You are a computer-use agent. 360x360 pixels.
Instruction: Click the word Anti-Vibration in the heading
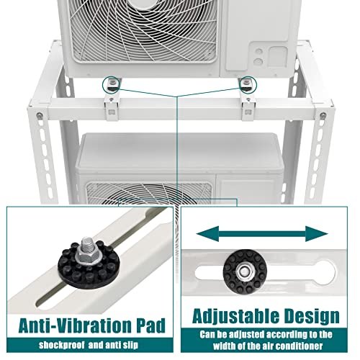(x=76, y=325)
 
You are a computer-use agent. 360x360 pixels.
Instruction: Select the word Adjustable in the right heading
(x=235, y=317)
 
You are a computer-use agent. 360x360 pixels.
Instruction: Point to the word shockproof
(x=62, y=345)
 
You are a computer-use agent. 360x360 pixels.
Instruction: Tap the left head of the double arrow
(x=207, y=233)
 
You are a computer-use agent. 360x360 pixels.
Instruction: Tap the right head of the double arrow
(x=317, y=233)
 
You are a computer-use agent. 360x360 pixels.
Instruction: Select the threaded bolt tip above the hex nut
(x=87, y=243)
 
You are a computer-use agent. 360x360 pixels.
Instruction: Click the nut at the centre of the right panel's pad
(x=244, y=271)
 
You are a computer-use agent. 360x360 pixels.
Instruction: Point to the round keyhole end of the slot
(x=325, y=272)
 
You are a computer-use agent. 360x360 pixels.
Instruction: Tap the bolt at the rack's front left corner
(x=39, y=116)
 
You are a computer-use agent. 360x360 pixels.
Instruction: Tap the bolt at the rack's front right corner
(x=323, y=115)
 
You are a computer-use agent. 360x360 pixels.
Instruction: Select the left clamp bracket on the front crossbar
(x=111, y=109)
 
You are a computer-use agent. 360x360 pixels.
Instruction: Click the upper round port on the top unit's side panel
(x=258, y=51)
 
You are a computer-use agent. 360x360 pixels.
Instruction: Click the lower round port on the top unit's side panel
(x=258, y=62)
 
